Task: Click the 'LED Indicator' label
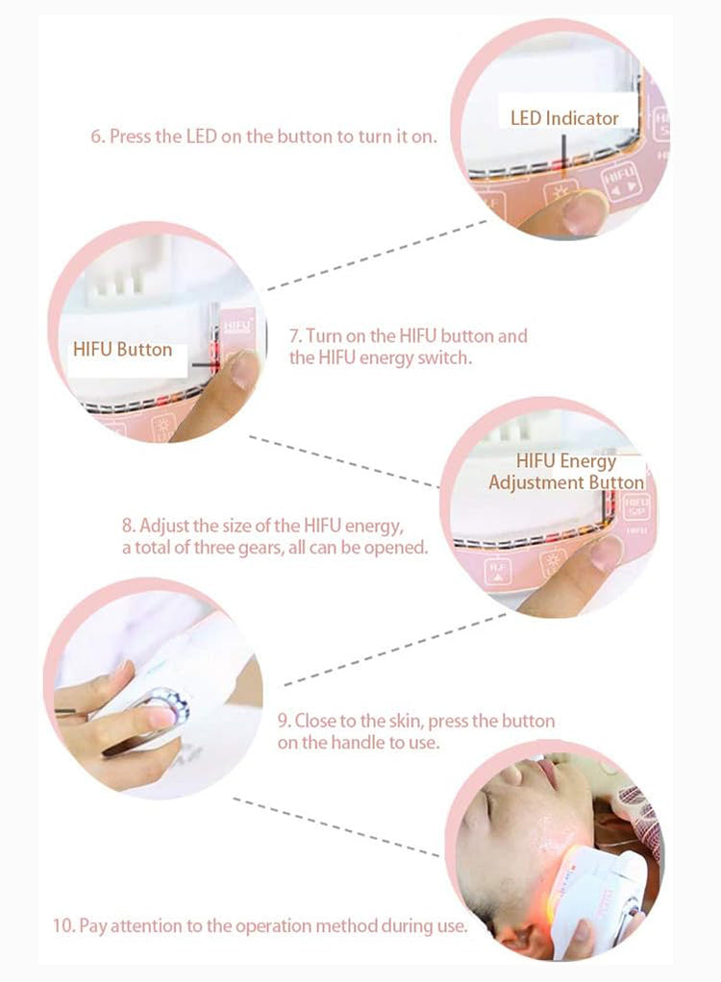(564, 118)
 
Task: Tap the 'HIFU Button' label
(123, 350)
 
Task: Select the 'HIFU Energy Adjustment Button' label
(566, 472)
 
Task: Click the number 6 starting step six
(96, 136)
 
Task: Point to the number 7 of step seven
(294, 336)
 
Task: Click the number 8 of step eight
(127, 526)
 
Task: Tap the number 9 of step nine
(284, 721)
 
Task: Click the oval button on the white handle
(161, 709)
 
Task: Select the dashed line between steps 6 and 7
(377, 255)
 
